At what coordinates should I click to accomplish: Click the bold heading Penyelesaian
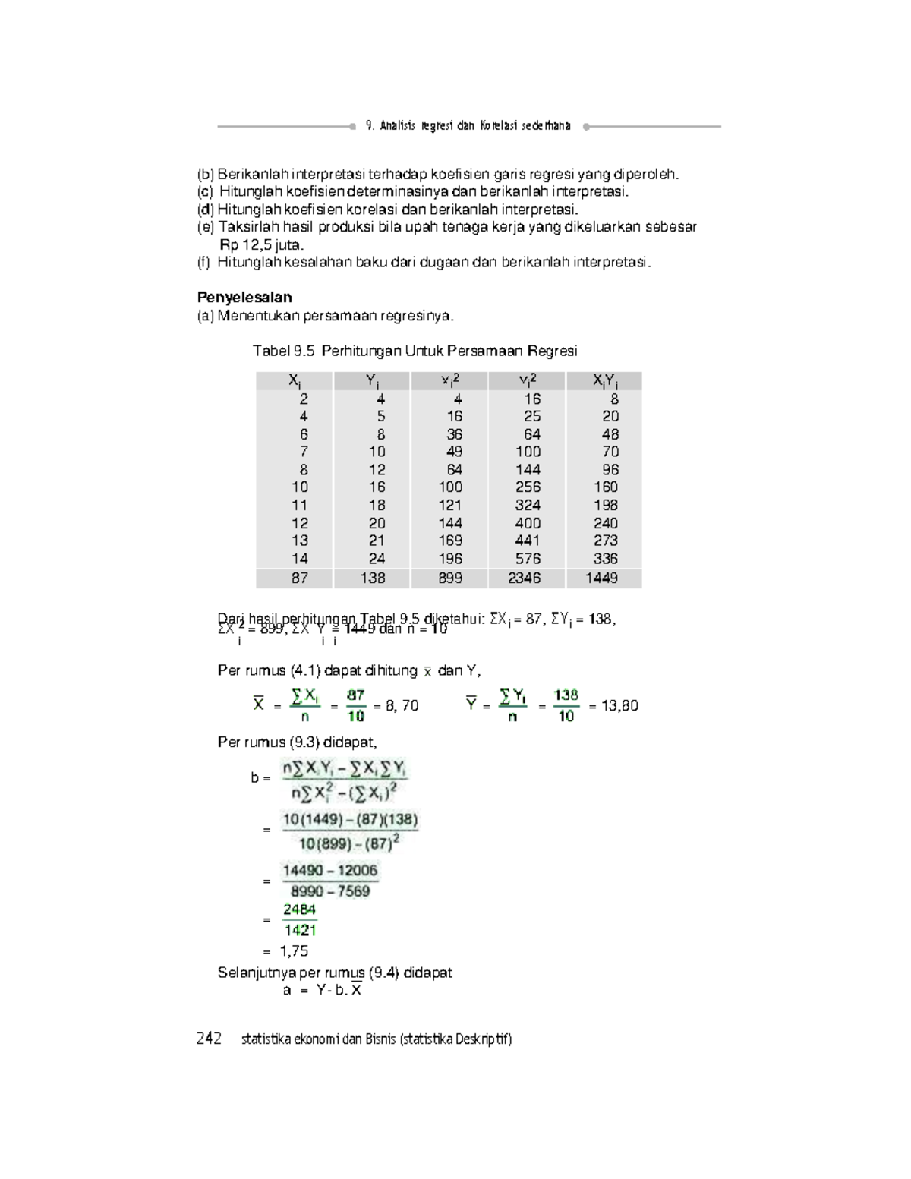pyautogui.click(x=244, y=298)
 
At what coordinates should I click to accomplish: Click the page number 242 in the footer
pyautogui.click(x=209, y=1039)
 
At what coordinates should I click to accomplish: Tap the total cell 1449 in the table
pyautogui.click(x=602, y=578)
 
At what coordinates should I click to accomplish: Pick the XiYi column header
pyautogui.click(x=605, y=381)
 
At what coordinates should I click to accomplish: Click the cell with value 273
pyautogui.click(x=606, y=541)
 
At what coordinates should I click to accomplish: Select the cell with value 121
pyautogui.click(x=450, y=505)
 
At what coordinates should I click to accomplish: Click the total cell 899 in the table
pyautogui.click(x=450, y=578)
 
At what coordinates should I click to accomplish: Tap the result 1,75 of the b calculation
pyautogui.click(x=294, y=951)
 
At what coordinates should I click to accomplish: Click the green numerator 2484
pyautogui.click(x=300, y=909)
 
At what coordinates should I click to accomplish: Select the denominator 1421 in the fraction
pyautogui.click(x=300, y=931)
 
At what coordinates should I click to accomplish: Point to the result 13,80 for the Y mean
pyautogui.click(x=619, y=706)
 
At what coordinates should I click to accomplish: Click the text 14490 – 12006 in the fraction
pyautogui.click(x=330, y=871)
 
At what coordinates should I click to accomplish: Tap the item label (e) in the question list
pyautogui.click(x=206, y=227)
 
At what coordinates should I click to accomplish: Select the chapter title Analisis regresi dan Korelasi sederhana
pyautogui.click(x=468, y=126)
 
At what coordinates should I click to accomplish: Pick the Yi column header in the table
pyautogui.click(x=373, y=381)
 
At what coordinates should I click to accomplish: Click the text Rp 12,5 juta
pyautogui.click(x=261, y=245)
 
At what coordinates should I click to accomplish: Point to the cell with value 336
pyautogui.click(x=606, y=559)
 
